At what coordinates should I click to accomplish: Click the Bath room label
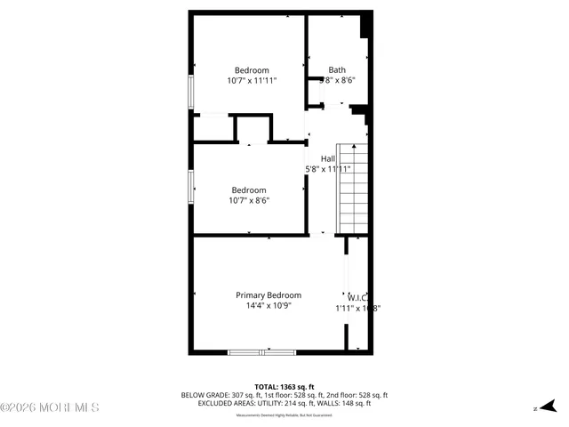coord(337,70)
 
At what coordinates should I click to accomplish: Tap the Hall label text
coord(329,158)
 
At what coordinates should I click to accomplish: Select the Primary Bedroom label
coord(268,295)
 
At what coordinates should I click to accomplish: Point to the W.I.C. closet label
coord(358,298)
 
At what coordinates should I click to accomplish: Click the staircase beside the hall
coord(351,189)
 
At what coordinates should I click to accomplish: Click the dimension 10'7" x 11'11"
coord(252,81)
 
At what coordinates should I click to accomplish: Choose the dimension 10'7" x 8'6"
coord(249,200)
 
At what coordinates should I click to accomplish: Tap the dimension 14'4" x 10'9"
coord(268,306)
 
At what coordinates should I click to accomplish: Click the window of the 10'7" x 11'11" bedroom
coord(190,93)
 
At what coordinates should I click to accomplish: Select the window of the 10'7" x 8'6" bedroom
coord(190,188)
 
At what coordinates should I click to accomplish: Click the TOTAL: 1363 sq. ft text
coord(284,387)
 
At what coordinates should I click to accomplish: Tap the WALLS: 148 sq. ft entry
coord(347,403)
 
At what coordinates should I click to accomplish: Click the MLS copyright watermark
coord(49,407)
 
